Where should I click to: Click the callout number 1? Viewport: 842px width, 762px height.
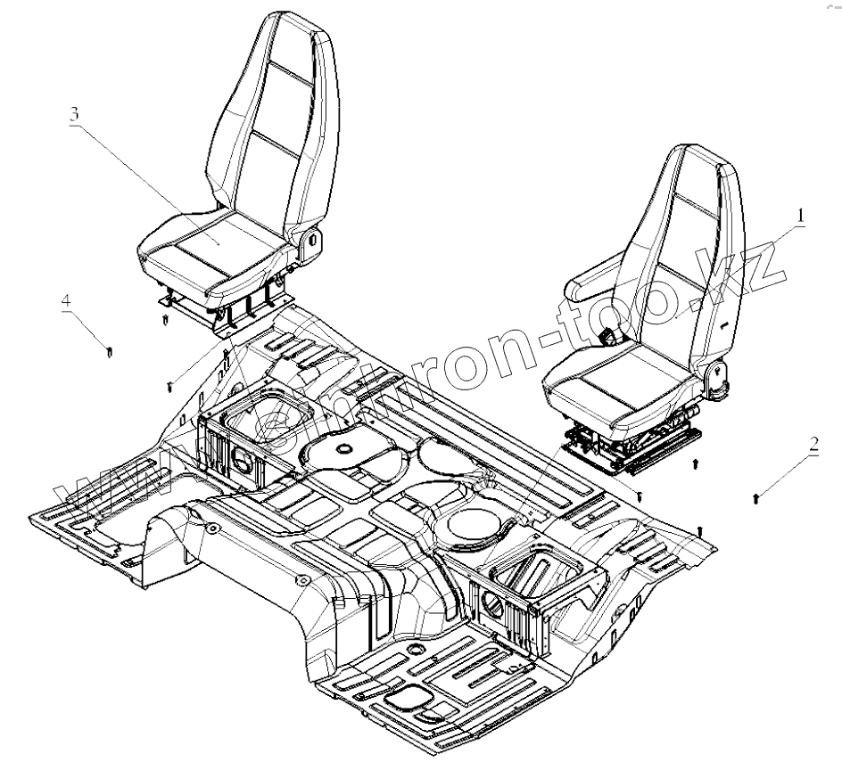[801, 215]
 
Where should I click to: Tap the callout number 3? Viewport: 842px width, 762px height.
[75, 115]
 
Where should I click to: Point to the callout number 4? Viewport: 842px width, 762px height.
[66, 301]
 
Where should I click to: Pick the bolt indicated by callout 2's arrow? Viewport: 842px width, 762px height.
[757, 496]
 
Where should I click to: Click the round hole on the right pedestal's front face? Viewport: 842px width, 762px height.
[492, 606]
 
